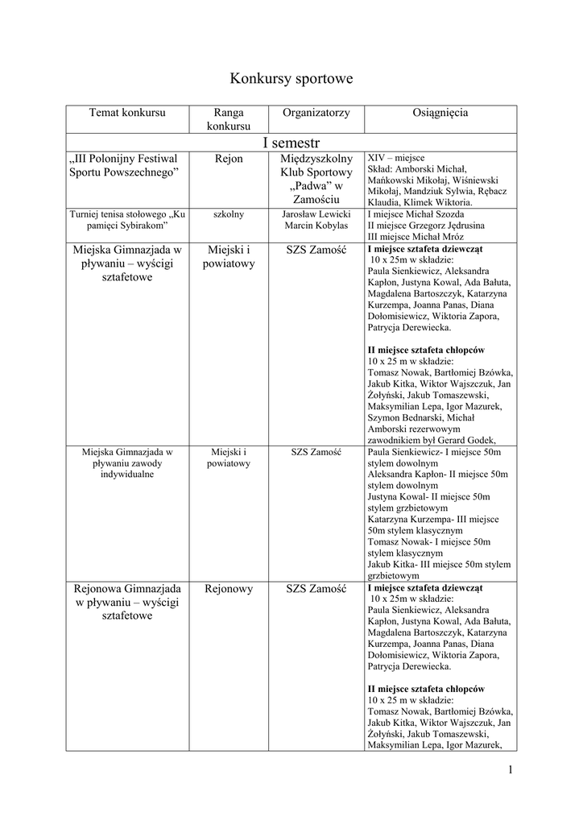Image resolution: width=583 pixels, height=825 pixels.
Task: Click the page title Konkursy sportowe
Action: [291, 79]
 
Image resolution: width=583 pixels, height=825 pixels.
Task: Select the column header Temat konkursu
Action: [127, 113]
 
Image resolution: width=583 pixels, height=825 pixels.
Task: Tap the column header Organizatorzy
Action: [316, 113]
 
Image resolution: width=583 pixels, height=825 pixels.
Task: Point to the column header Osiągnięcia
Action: [440, 113]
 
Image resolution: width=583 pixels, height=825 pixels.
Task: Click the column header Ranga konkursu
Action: [228, 119]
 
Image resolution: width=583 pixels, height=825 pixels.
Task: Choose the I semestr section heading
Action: [291, 142]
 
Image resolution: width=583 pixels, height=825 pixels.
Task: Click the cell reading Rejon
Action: [228, 159]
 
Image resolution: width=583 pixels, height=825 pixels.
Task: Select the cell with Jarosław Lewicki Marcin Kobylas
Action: [316, 220]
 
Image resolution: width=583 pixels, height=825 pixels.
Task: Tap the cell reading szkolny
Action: [228, 214]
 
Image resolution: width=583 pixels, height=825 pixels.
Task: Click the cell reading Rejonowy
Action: [228, 589]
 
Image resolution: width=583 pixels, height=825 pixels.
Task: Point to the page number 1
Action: [511, 769]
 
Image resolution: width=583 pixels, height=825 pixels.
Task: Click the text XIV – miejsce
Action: [396, 157]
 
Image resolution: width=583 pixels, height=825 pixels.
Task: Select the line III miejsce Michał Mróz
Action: [406, 237]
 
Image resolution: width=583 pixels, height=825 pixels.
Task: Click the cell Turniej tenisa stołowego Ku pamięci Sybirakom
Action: [127, 220]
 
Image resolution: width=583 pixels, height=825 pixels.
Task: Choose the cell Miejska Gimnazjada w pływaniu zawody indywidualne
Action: [127, 463]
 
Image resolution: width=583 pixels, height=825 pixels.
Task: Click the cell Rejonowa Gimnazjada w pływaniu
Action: [127, 602]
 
